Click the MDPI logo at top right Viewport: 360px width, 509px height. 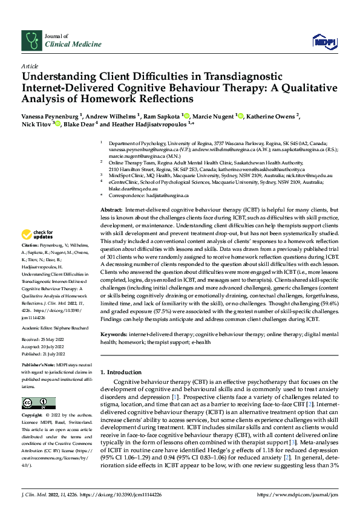click(324, 41)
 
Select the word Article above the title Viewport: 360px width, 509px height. click(30, 66)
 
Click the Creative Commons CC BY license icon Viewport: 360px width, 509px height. click(36, 404)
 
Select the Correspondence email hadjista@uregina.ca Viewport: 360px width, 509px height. click(167, 196)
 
